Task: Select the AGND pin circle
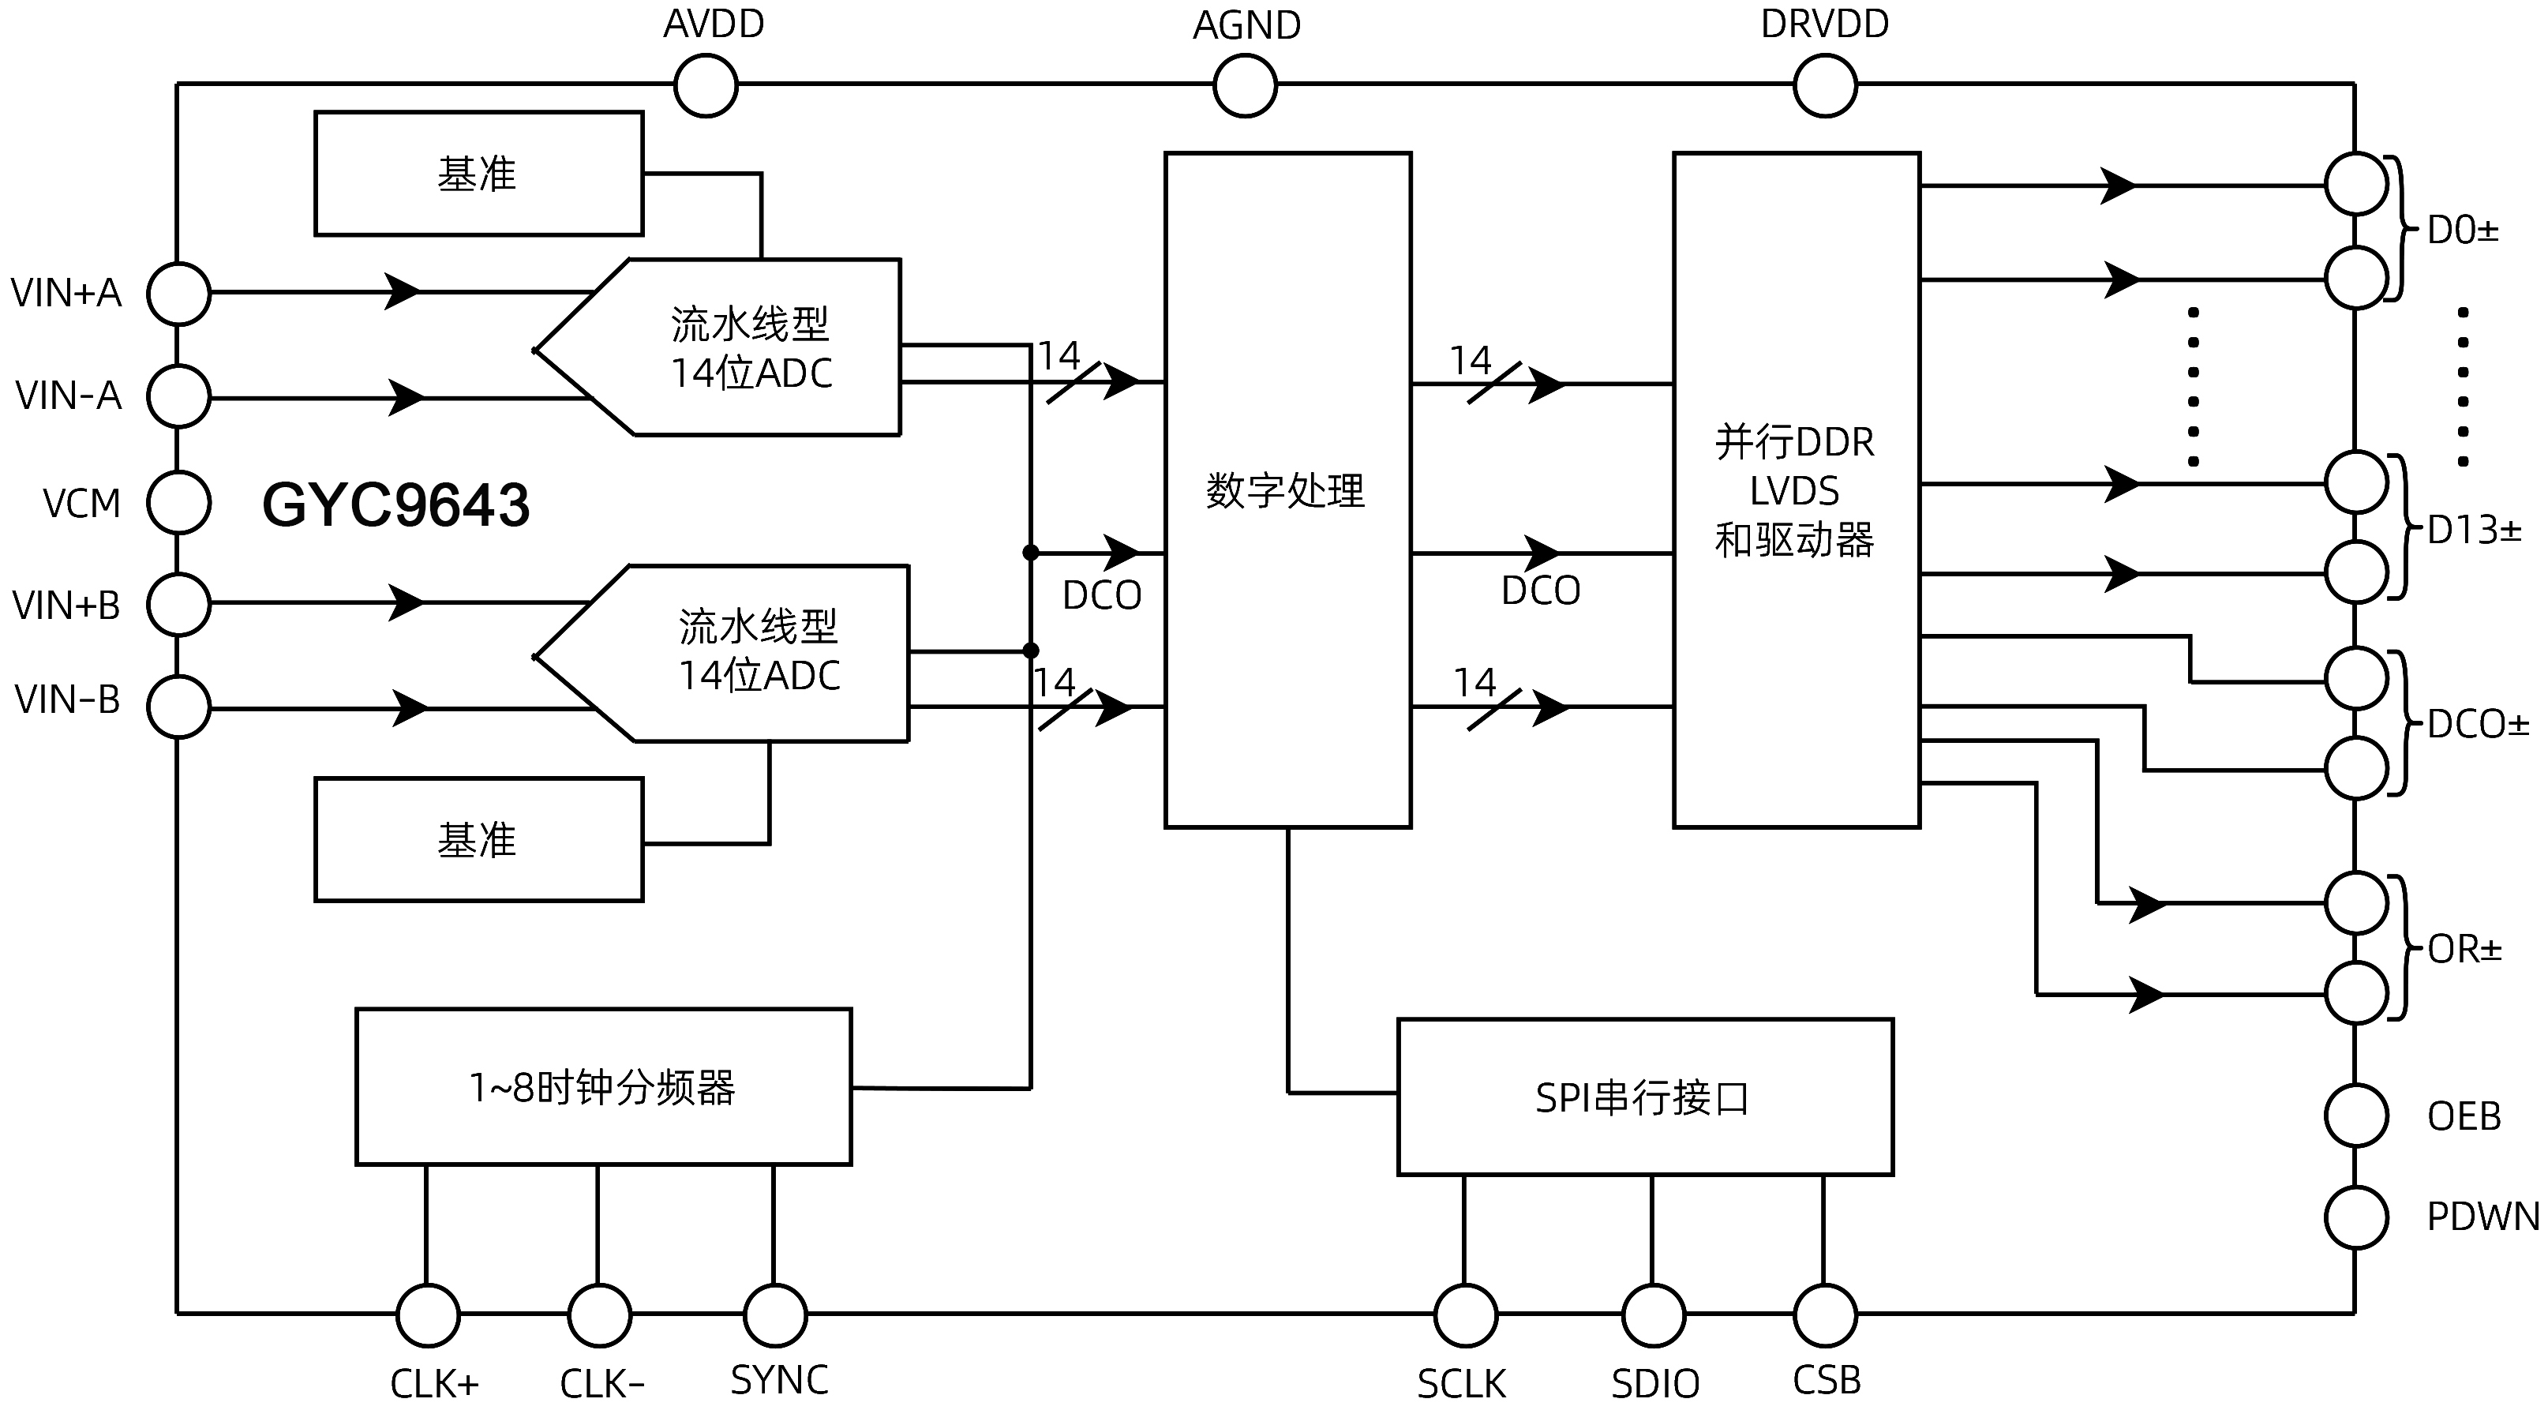click(x=1244, y=86)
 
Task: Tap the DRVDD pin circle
click(x=1824, y=86)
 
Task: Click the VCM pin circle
click(x=179, y=503)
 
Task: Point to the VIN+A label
click(x=66, y=293)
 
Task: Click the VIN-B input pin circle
click(x=179, y=707)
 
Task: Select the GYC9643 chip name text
click(x=395, y=504)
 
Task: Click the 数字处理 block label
click(x=1285, y=491)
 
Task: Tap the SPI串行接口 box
click(x=1644, y=1097)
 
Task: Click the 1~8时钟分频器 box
click(x=602, y=1087)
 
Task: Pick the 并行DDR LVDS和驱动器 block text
click(x=1794, y=491)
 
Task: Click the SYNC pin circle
click(x=774, y=1315)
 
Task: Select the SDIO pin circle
click(x=1653, y=1315)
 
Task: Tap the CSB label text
click(x=1826, y=1380)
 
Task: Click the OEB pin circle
click(x=2356, y=1116)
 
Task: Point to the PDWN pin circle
click(x=2356, y=1217)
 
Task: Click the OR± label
click(x=2464, y=950)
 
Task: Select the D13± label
click(x=2474, y=531)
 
